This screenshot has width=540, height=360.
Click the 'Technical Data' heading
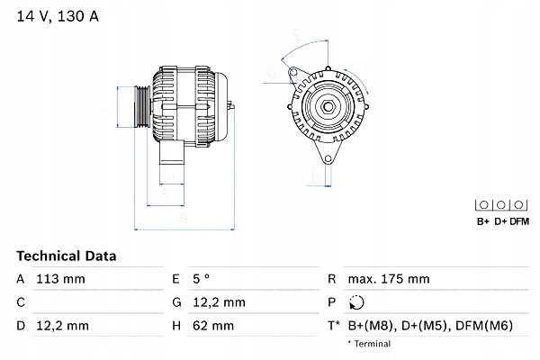(x=67, y=256)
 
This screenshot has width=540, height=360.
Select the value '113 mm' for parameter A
(x=59, y=280)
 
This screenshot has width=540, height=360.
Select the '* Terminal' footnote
(x=369, y=344)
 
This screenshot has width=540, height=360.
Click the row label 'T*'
(x=335, y=325)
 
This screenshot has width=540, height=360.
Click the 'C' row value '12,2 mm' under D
(x=59, y=325)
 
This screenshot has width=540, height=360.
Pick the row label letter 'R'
(x=332, y=280)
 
